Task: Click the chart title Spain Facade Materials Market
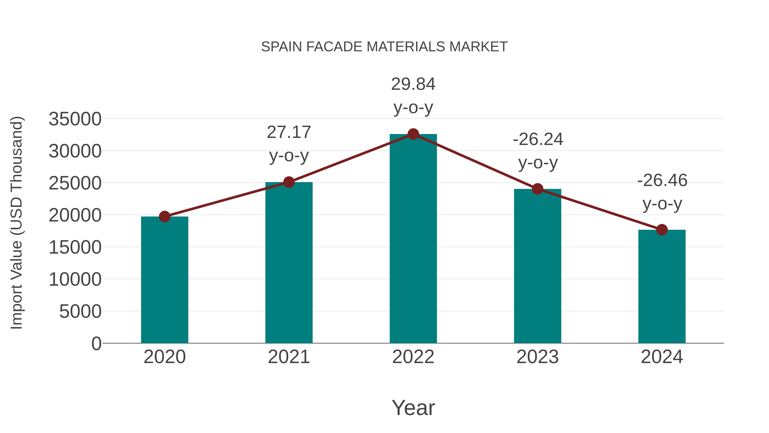tap(384, 47)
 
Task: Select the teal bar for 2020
tap(164, 281)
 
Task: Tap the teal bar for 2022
tap(413, 239)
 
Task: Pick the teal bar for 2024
tap(662, 287)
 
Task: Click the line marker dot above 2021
tap(289, 182)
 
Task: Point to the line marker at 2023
tap(537, 189)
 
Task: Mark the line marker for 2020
tap(164, 217)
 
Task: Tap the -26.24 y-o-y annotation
tap(538, 151)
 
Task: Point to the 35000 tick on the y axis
tap(75, 119)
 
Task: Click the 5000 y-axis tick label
tap(80, 312)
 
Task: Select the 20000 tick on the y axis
tap(75, 215)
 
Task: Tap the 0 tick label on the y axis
tap(96, 344)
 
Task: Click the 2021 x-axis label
tap(289, 357)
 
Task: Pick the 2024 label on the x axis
tap(662, 357)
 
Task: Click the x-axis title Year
tap(413, 408)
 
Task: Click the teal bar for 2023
tap(537, 266)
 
